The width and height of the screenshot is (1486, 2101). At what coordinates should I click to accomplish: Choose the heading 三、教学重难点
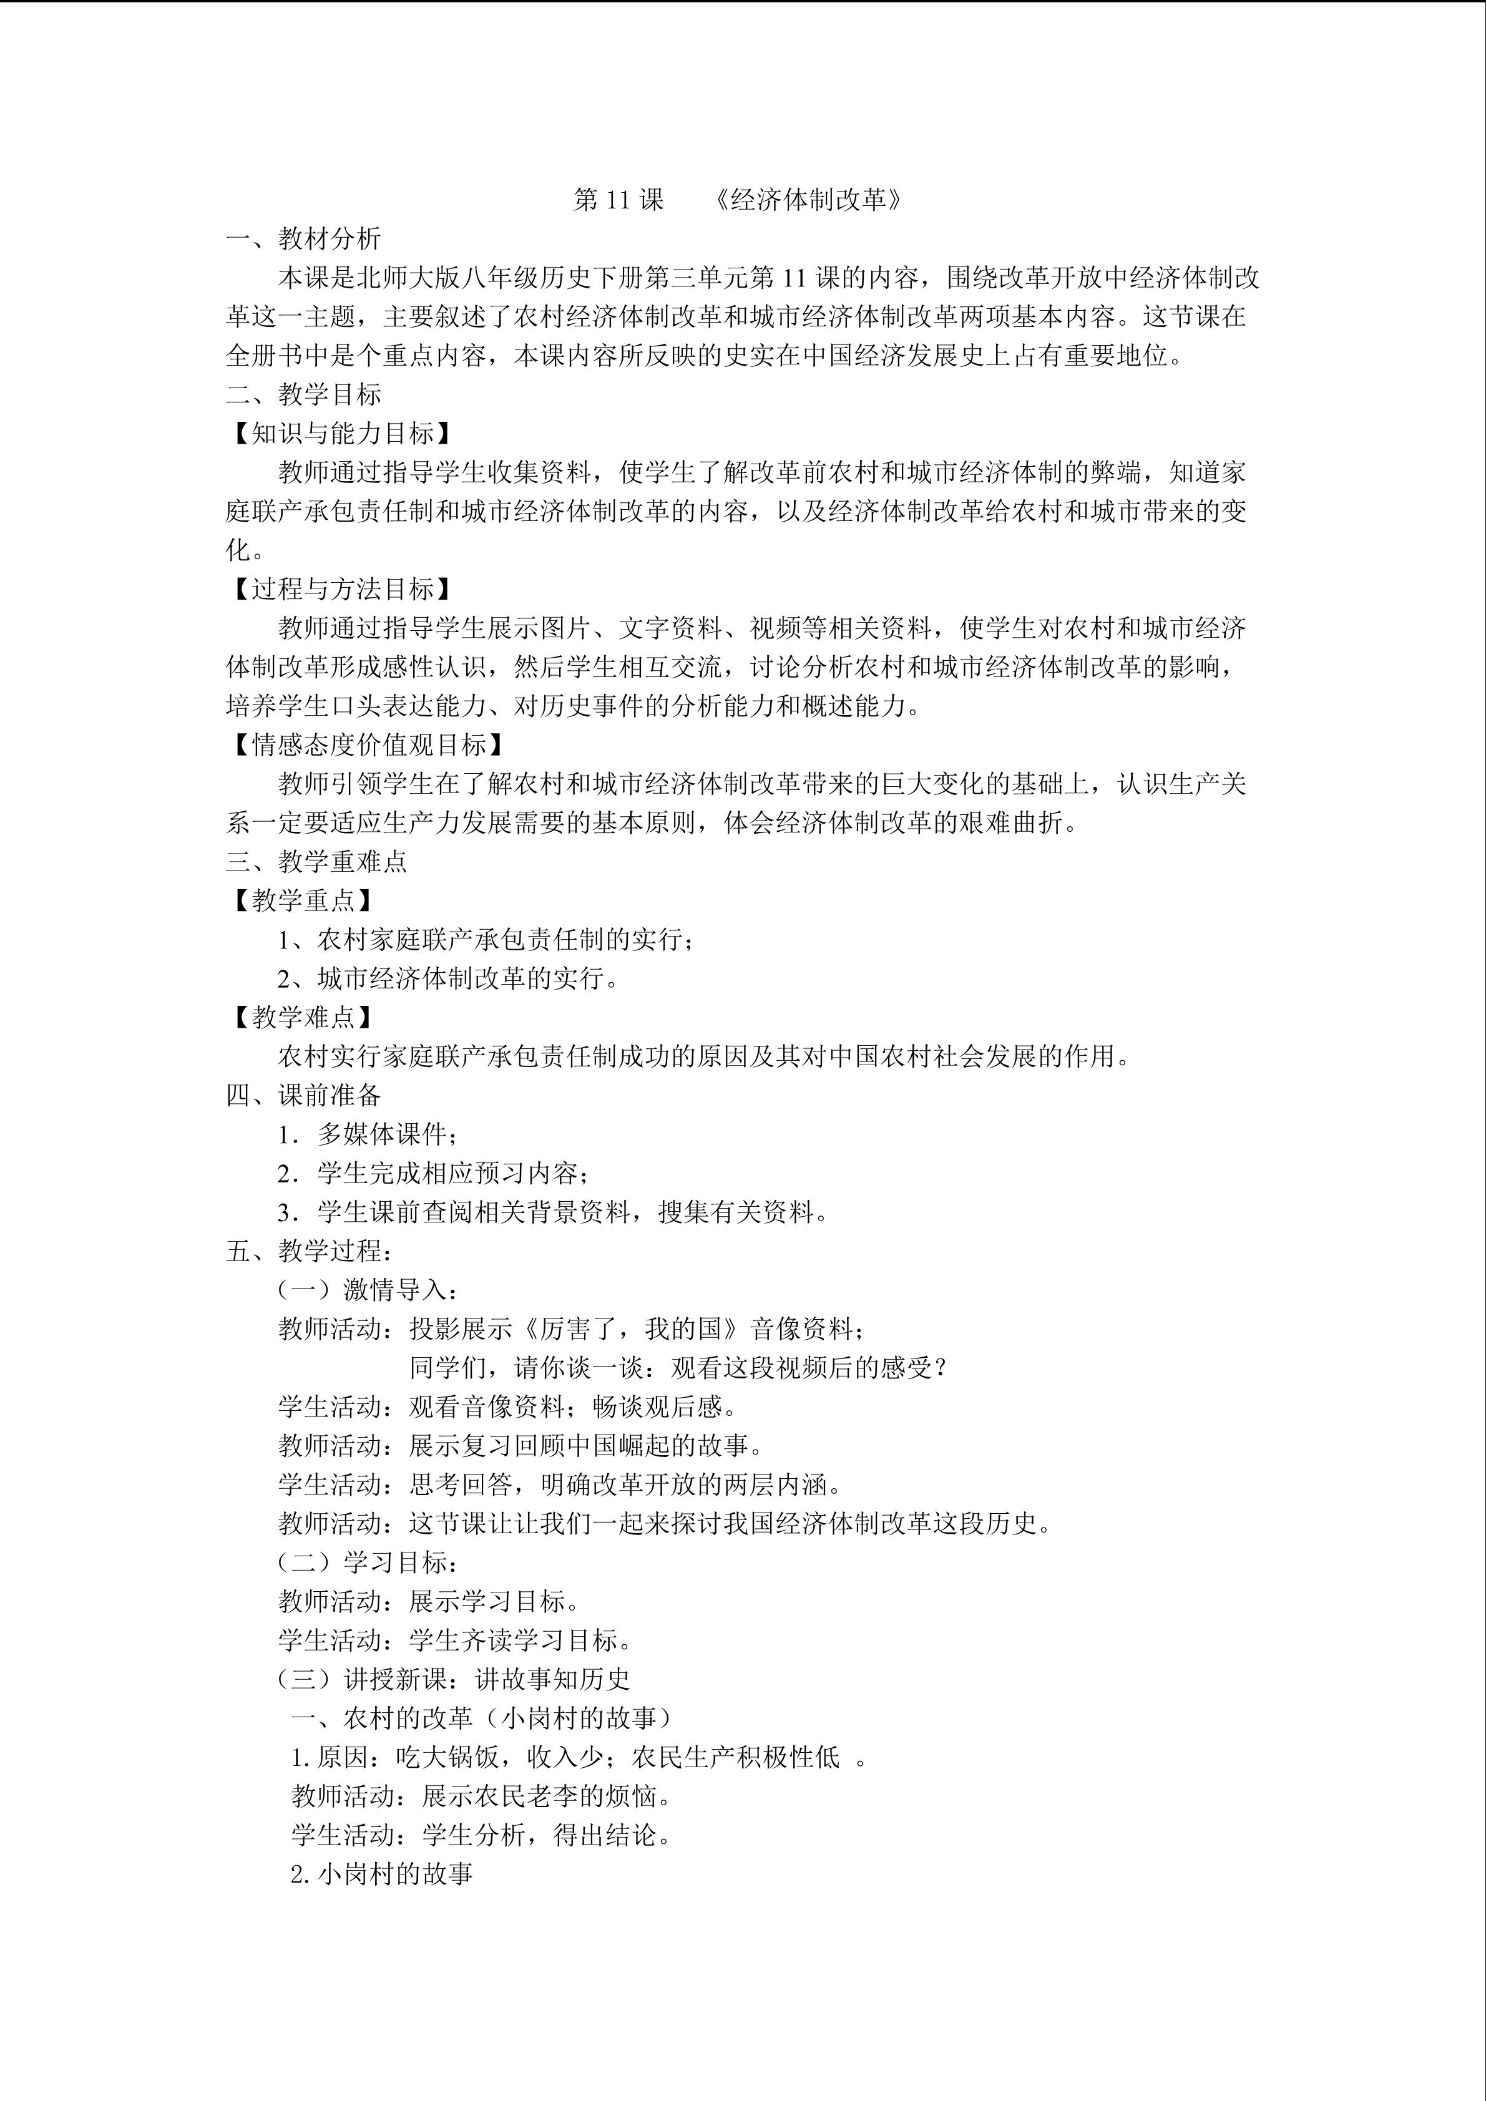click(x=316, y=862)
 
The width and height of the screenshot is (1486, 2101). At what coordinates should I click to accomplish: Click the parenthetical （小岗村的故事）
click(x=577, y=1718)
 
